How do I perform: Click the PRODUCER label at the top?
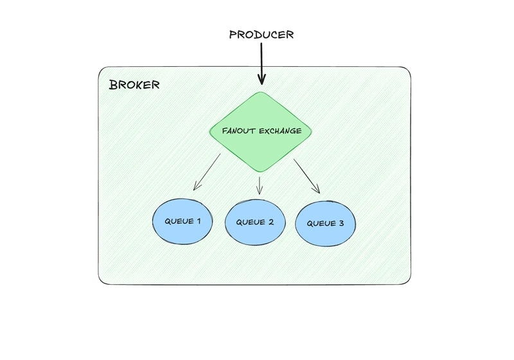(261, 35)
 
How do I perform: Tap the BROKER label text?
(134, 85)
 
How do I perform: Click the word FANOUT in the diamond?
(238, 131)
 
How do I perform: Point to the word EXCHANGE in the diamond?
(281, 131)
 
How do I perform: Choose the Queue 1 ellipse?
(182, 222)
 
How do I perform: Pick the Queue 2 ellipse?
(255, 222)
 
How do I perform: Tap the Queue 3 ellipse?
(326, 224)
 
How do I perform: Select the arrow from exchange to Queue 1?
(207, 171)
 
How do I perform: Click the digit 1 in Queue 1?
(199, 222)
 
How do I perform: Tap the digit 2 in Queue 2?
(271, 222)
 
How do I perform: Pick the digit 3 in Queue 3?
(341, 224)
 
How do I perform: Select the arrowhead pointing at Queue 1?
(195, 188)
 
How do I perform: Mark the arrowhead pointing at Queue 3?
(317, 190)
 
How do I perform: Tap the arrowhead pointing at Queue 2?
(260, 192)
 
